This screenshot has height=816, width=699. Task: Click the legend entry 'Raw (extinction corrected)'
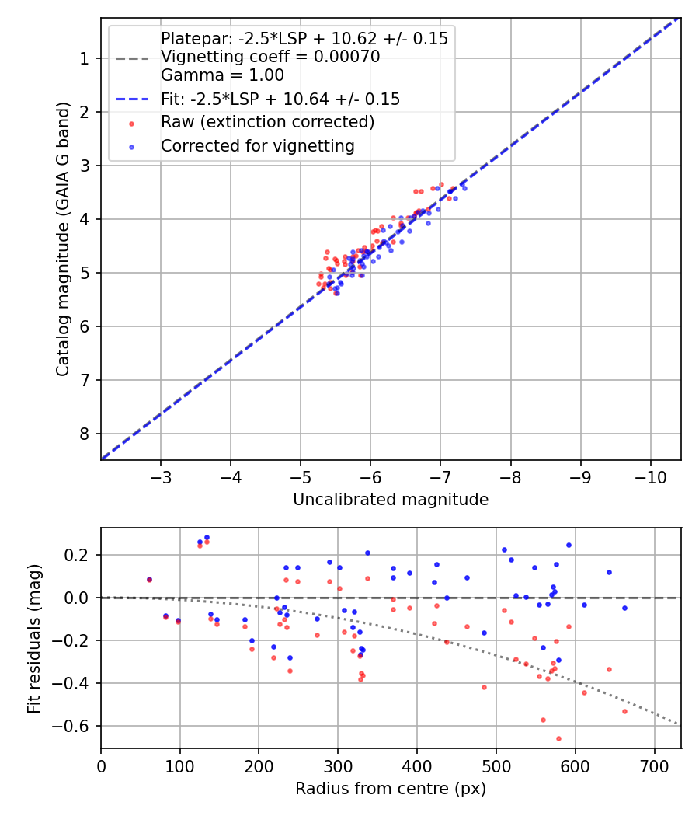(x=267, y=122)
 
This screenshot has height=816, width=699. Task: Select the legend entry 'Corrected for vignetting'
(x=257, y=145)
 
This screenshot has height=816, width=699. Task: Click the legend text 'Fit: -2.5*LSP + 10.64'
(x=280, y=99)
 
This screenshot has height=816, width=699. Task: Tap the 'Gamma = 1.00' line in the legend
(x=222, y=75)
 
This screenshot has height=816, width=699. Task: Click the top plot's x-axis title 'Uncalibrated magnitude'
(x=391, y=500)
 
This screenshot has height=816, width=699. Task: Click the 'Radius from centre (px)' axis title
(x=391, y=789)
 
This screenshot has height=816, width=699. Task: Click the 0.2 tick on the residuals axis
(x=82, y=555)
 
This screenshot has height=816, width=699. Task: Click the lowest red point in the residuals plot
(x=558, y=738)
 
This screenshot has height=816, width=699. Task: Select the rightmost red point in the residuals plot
(x=624, y=711)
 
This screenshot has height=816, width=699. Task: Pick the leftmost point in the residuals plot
(x=149, y=579)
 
